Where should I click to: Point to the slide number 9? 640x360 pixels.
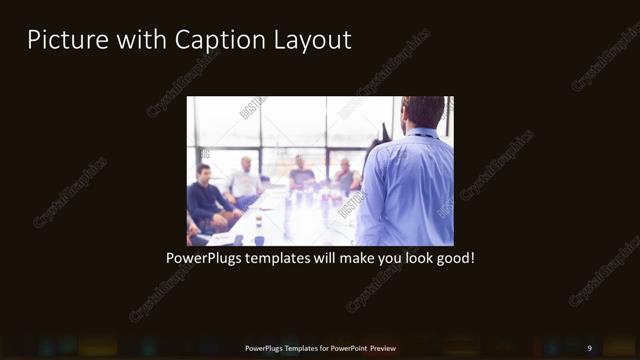(x=589, y=348)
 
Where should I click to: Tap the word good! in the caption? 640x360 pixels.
(x=452, y=258)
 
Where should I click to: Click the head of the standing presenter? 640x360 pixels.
(x=424, y=112)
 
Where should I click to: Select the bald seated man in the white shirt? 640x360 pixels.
(x=244, y=180)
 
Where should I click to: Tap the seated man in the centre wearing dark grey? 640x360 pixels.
(x=300, y=174)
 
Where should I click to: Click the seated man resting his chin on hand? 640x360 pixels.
(x=346, y=175)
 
